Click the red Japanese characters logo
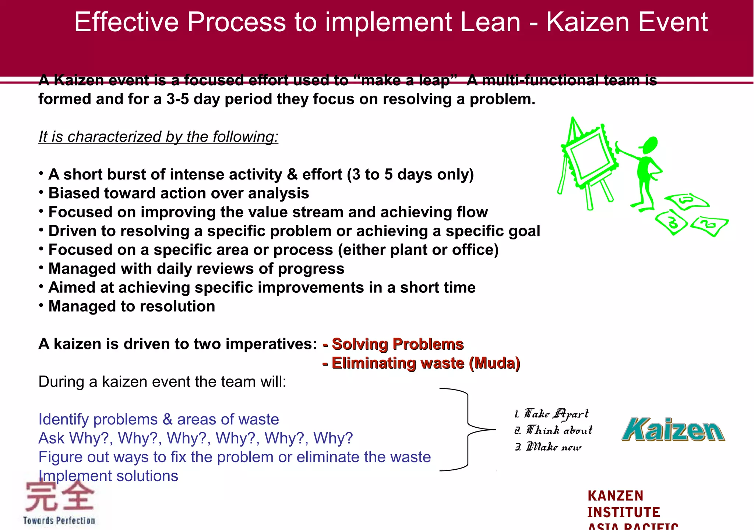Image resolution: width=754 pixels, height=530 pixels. [x=59, y=497]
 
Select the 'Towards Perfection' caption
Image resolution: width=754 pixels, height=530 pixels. [x=59, y=520]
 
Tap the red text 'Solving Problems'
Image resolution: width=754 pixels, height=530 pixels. [x=397, y=344]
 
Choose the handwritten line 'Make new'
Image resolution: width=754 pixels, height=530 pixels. [x=548, y=447]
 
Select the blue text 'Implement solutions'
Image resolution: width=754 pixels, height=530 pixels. [x=108, y=476]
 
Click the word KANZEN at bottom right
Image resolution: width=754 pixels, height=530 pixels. [x=615, y=496]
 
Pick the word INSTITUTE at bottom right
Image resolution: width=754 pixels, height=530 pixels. [x=624, y=512]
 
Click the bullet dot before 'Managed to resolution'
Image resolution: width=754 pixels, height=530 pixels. [x=41, y=305]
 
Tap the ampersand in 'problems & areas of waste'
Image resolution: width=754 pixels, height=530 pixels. [x=167, y=420]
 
